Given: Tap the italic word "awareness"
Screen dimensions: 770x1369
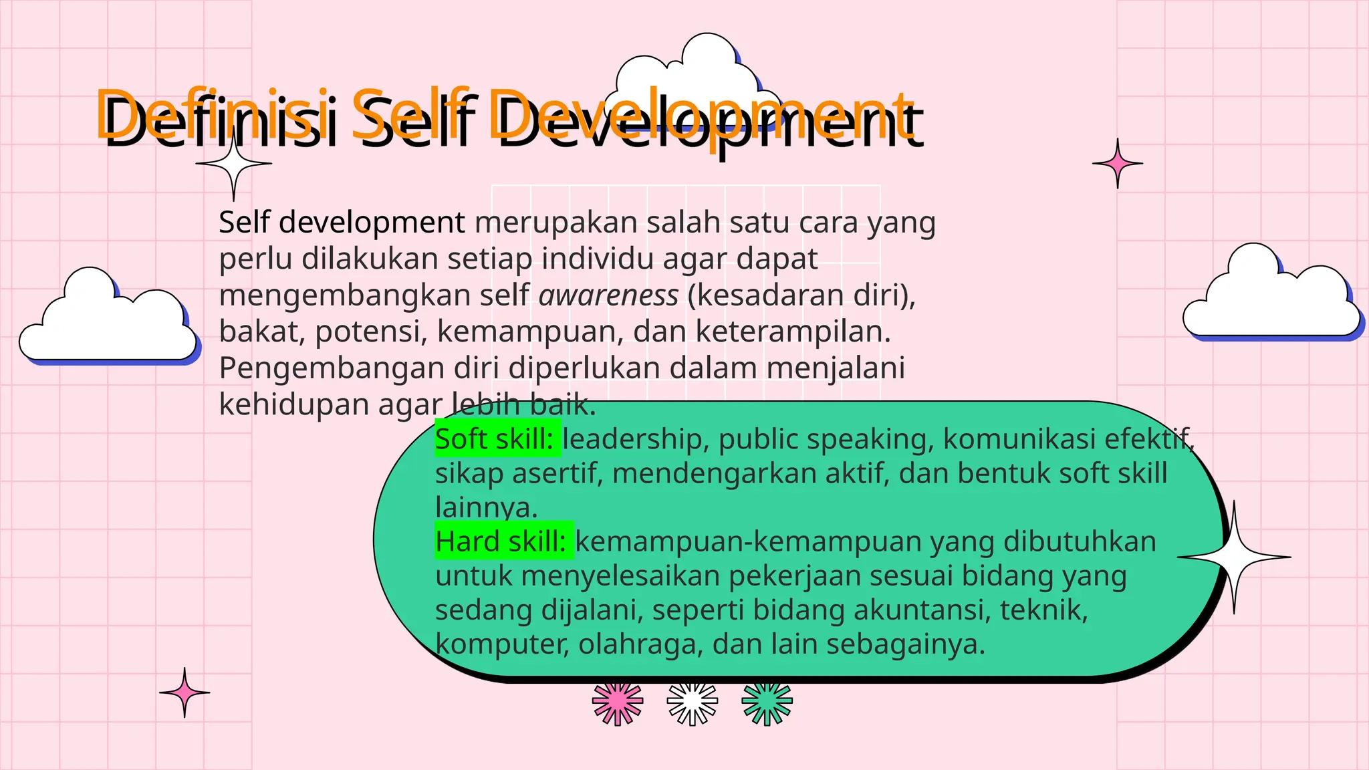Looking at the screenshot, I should coord(608,295).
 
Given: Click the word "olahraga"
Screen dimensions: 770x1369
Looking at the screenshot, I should coord(640,644).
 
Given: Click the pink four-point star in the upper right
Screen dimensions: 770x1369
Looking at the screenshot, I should coord(1118,163).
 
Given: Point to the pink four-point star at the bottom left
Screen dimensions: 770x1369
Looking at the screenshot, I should coord(184,692).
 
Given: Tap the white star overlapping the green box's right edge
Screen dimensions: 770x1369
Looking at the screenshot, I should coord(1234,557).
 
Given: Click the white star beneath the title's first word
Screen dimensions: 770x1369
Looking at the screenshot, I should coord(233,163).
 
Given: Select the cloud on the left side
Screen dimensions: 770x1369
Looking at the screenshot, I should coord(108,321).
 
